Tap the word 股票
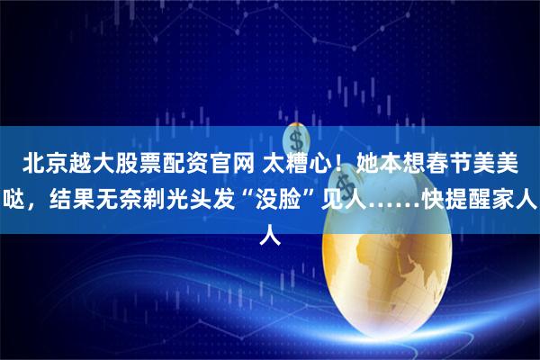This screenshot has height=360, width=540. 136,163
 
